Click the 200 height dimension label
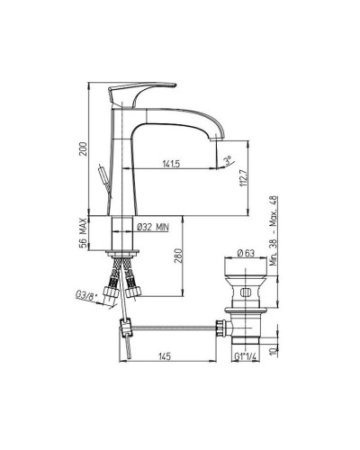[x=85, y=148]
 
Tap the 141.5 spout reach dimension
[x=171, y=164]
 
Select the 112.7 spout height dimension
[x=243, y=177]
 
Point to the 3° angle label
[x=229, y=159]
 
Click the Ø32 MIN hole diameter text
[x=152, y=227]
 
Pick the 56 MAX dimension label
[x=84, y=233]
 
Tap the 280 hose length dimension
[x=177, y=256]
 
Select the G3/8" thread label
[x=85, y=296]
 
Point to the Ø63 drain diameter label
[x=246, y=253]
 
